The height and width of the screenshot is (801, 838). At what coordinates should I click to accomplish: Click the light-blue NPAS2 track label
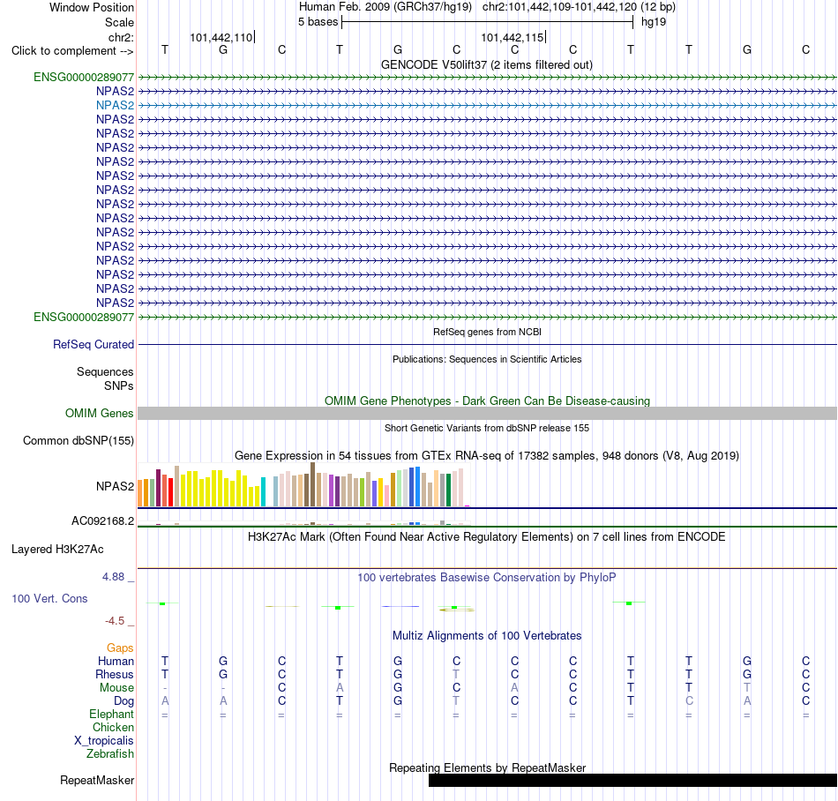coord(115,105)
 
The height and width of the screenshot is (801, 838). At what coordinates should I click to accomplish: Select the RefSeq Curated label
coord(94,345)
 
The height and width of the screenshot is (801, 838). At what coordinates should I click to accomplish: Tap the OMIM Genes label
coord(100,413)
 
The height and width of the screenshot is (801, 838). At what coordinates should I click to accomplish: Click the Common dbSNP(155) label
coord(79,441)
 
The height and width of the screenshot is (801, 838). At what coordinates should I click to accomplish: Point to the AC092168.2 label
coord(103,521)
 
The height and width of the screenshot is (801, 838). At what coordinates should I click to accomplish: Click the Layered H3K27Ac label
coord(57,550)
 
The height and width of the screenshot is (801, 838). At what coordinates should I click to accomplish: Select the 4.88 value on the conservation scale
coord(113,577)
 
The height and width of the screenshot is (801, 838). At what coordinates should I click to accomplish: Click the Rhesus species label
coord(115,674)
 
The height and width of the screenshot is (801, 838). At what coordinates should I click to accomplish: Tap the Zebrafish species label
coord(110,754)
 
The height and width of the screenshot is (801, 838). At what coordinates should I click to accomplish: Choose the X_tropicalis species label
coord(104,741)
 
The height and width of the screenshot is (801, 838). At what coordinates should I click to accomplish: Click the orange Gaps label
coord(120,648)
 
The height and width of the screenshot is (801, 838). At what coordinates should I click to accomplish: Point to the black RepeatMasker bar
coord(632,780)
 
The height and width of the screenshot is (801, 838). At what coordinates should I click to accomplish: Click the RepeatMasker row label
coord(97,780)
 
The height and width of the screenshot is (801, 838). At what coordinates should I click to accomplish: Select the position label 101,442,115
coord(512,37)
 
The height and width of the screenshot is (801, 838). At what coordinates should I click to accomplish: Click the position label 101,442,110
coord(221,37)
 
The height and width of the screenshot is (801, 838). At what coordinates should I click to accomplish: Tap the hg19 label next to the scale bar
coord(654,22)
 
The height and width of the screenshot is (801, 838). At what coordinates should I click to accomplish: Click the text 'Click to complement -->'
coord(72,51)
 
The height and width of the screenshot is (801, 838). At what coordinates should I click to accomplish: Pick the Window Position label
coord(92,7)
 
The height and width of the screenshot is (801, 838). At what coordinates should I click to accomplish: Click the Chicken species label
coord(113,727)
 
